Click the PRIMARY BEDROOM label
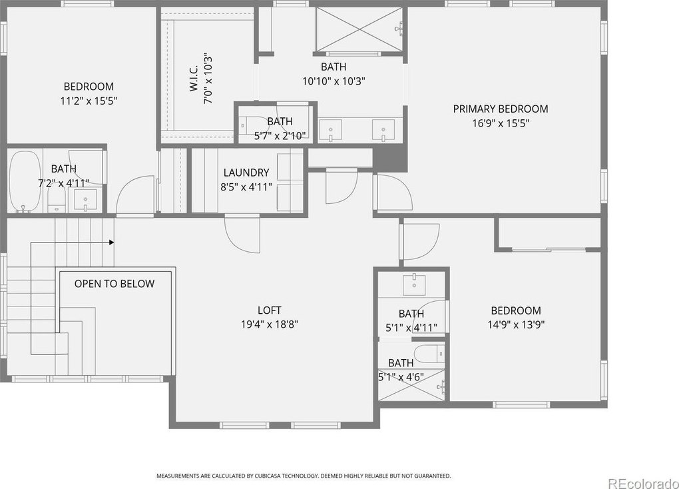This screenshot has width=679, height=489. coord(501,109)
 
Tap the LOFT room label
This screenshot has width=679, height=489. coord(270,310)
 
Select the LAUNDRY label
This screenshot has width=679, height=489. coord(246,173)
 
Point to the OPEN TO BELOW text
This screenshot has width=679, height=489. coord(114,284)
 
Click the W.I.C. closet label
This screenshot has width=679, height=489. coord(194,79)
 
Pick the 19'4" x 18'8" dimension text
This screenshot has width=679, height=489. coord(270,324)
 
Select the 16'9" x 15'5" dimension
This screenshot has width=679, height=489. coord(501,123)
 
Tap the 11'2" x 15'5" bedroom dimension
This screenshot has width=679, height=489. coord(89,101)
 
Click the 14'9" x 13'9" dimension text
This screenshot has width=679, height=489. coord(516,324)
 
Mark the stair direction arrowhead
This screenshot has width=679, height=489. coord(112,243)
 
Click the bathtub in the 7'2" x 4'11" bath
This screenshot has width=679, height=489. coord(25,181)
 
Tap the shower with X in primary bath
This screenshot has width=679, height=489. coord(359,29)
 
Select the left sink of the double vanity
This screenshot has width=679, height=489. coord(330,131)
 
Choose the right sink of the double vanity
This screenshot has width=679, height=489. coord(383,131)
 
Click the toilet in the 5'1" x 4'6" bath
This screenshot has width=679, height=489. coord(429,353)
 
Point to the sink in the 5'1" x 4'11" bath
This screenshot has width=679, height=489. coord(414,284)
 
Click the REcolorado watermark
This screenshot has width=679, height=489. coord(642,482)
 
